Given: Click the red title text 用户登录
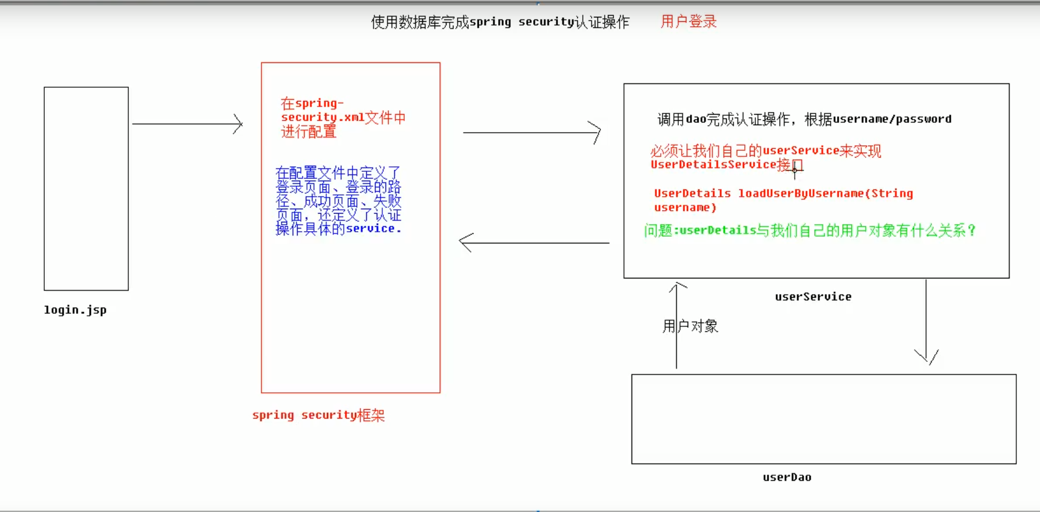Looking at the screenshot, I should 688,22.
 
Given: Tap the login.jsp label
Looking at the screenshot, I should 75,310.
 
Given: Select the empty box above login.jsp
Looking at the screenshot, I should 86,188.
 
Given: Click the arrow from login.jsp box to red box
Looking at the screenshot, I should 187,124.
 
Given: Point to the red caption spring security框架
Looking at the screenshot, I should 318,415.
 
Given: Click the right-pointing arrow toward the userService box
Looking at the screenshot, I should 532,133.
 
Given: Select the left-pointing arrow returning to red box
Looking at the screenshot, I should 534,242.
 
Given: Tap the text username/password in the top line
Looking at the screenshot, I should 892,119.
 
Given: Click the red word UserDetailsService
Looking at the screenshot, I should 713,164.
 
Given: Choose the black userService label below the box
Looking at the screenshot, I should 813,296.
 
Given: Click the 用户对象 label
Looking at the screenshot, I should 691,326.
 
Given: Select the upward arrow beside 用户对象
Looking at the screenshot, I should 676,324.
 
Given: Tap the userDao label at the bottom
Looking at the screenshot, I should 787,477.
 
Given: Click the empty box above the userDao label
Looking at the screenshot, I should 823,419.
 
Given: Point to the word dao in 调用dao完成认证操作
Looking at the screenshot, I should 696,119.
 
